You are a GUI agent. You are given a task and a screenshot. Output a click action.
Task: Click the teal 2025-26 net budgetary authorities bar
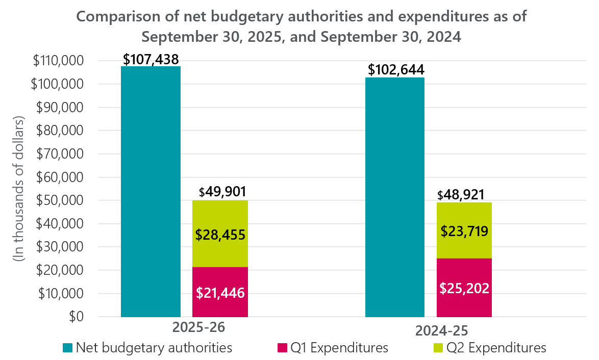pyautogui.click(x=151, y=191)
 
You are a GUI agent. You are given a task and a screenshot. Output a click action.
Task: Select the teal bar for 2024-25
pyautogui.click(x=394, y=197)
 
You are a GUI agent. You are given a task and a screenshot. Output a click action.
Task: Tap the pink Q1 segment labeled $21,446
pyautogui.click(x=220, y=292)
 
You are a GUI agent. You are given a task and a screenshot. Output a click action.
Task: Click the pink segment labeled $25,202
pyautogui.click(x=464, y=288)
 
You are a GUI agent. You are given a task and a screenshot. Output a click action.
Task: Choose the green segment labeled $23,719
pyautogui.click(x=464, y=230)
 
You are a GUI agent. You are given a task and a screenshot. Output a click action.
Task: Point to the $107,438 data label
pyautogui.click(x=151, y=59)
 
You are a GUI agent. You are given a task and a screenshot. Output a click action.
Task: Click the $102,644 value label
pyautogui.click(x=396, y=70)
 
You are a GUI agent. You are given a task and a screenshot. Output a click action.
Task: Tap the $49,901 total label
pyautogui.click(x=222, y=192)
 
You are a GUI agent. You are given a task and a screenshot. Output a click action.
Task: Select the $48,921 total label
pyautogui.click(x=461, y=195)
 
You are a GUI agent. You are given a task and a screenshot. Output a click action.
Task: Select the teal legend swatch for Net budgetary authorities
pyautogui.click(x=68, y=348)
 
